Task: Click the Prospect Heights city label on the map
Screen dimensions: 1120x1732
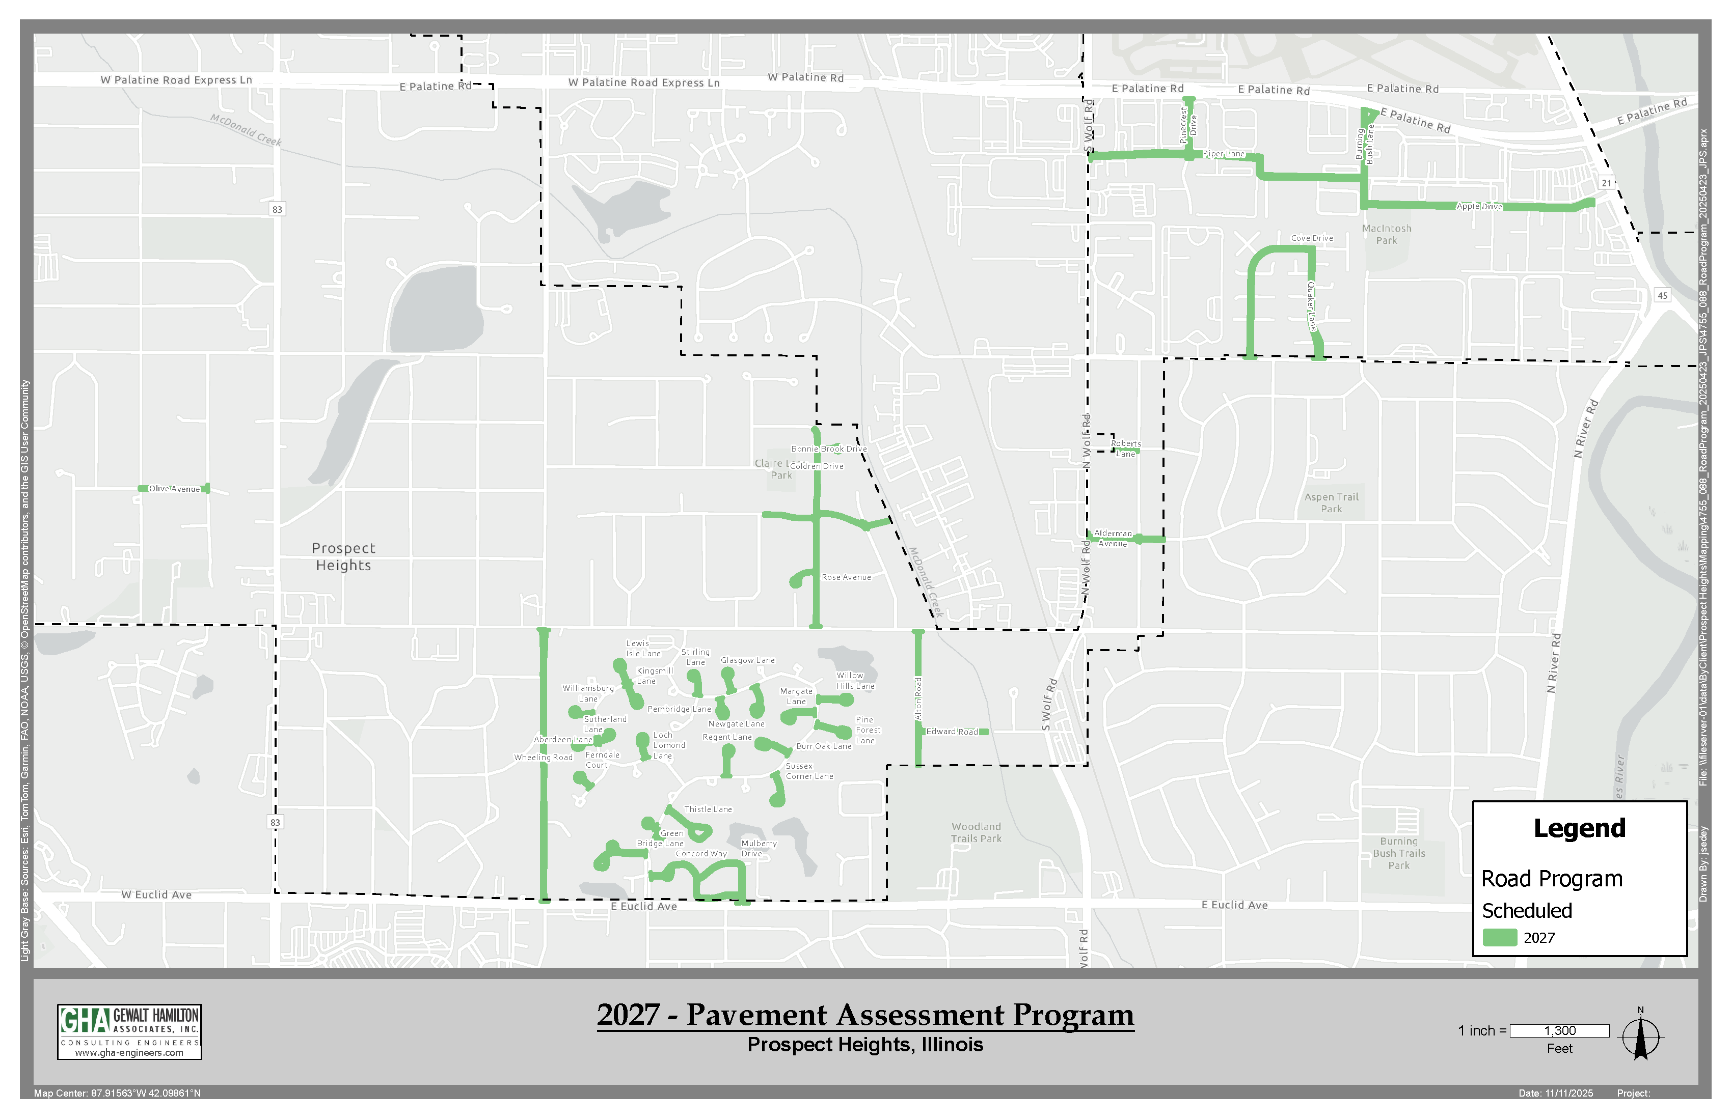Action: point(343,557)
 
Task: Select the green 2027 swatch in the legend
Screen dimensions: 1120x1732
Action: point(1499,937)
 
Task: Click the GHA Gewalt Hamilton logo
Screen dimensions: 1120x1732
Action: point(129,1031)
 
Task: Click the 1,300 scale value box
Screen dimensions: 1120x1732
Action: point(1559,1030)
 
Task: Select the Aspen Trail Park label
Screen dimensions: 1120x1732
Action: point(1331,502)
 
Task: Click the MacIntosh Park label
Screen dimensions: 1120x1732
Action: point(1386,234)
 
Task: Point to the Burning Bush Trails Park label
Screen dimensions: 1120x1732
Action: point(1399,853)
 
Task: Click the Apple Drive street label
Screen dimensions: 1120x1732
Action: point(1479,207)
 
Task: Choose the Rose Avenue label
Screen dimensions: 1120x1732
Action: point(846,577)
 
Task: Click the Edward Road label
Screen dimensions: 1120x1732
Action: point(952,732)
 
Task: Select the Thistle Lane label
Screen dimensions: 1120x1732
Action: point(708,809)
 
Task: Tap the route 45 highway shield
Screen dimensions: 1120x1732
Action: point(1662,295)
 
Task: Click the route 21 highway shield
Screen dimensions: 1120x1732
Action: point(1607,183)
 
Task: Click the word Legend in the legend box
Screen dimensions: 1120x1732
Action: point(1579,828)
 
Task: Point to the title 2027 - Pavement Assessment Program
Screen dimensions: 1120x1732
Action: point(865,1015)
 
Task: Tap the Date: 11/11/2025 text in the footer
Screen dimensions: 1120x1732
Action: point(1555,1093)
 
